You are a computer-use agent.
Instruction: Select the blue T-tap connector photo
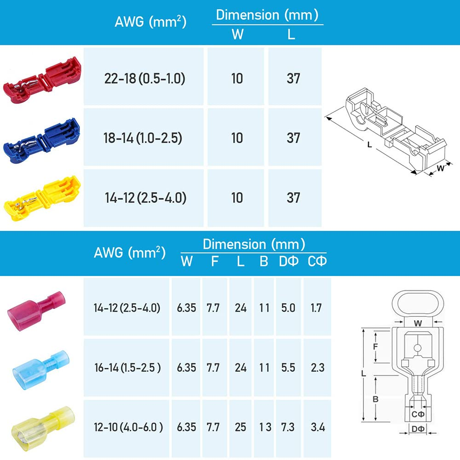42,138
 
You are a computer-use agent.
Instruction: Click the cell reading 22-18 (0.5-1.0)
144,79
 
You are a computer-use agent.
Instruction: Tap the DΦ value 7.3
287,427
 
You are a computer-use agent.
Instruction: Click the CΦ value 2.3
317,367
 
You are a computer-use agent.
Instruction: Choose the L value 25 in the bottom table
241,427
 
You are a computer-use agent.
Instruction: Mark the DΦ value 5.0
287,308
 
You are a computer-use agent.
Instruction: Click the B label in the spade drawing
375,399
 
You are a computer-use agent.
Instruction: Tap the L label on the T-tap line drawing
369,144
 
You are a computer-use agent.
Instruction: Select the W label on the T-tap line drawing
440,168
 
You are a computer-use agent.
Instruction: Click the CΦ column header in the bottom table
316,262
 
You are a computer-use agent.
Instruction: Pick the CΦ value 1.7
316,308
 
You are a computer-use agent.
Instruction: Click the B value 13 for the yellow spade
264,427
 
